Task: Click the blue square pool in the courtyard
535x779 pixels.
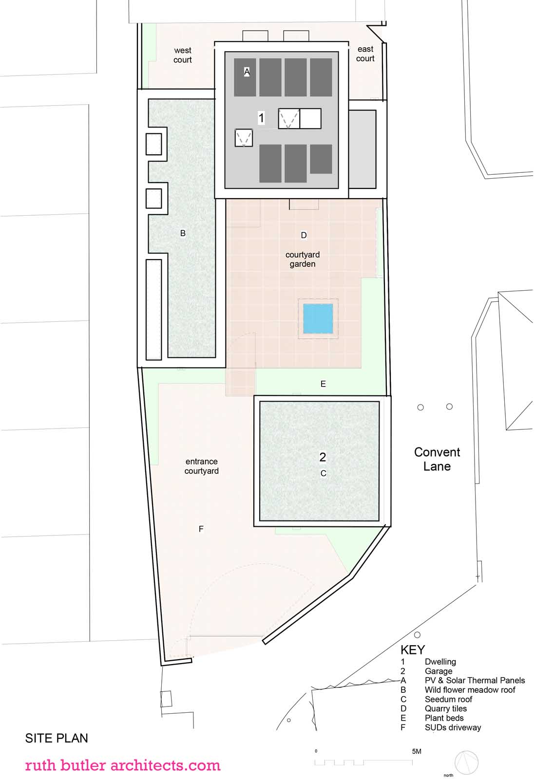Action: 318,318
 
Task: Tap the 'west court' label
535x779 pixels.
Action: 182,55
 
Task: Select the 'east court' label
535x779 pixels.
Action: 365,54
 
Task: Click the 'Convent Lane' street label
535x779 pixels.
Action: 437,459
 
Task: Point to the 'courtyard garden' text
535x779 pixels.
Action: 303,259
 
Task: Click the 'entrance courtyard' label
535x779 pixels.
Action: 202,466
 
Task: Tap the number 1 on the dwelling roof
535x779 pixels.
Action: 261,118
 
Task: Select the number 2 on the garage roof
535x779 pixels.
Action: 323,457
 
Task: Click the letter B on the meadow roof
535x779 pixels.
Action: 183,233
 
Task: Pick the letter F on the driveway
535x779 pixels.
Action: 201,529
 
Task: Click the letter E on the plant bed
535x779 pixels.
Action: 323,384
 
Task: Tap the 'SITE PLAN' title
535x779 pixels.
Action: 57,738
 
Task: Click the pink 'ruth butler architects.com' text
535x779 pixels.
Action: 122,765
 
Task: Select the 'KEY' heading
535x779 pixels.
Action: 413,650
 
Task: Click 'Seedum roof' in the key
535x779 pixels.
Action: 448,699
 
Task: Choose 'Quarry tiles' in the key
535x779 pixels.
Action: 445,708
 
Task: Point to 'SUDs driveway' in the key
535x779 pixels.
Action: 453,727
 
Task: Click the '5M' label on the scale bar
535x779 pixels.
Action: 417,751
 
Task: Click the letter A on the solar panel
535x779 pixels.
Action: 247,72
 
